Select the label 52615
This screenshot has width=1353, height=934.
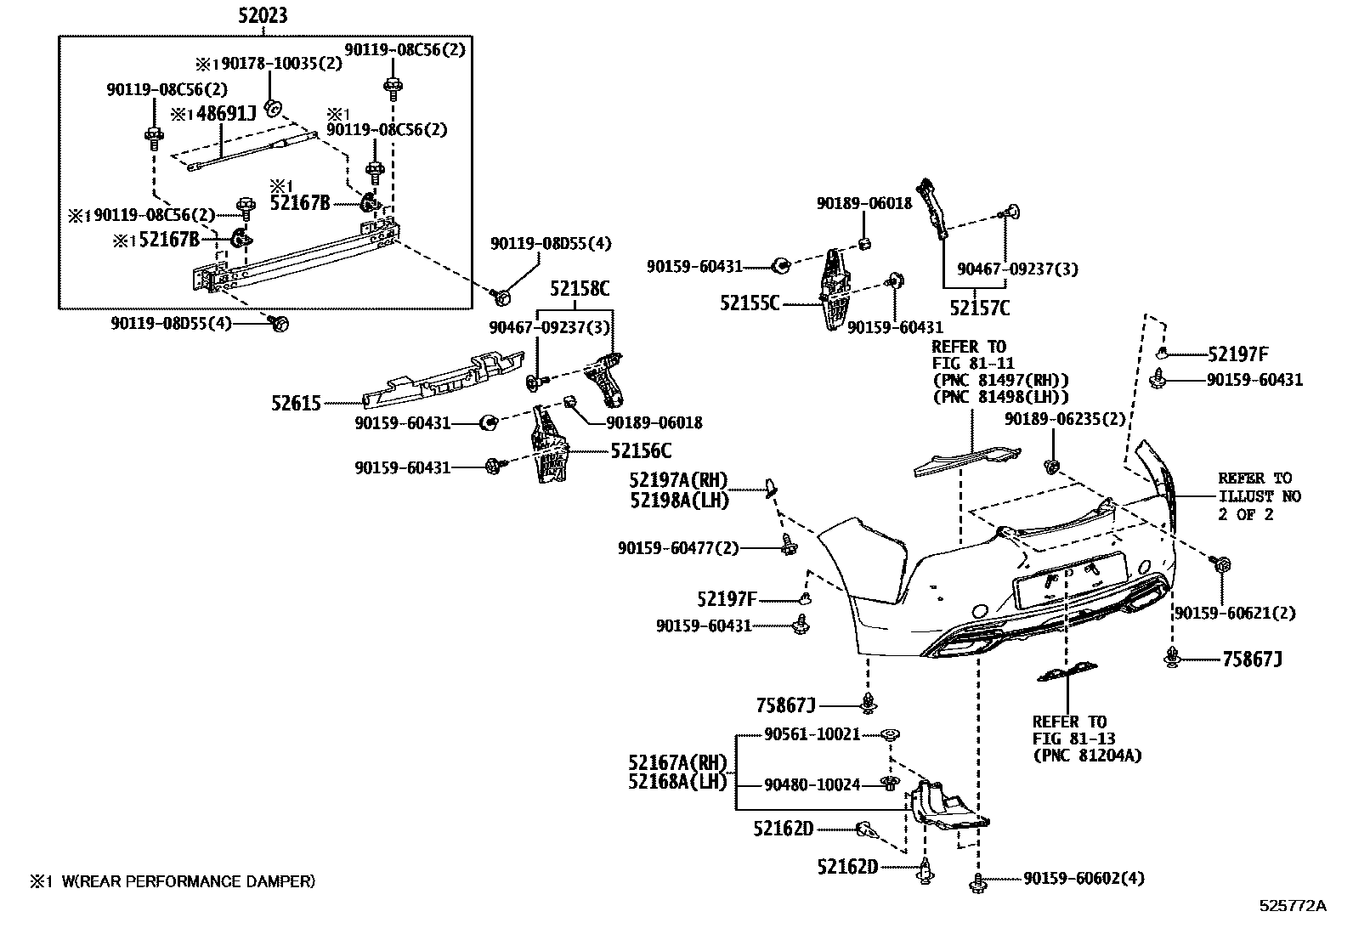tap(297, 403)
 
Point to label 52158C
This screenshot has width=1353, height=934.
tap(579, 289)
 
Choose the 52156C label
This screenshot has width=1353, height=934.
tap(641, 450)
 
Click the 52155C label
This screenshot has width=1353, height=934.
tap(750, 303)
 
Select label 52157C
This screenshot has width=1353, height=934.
tap(980, 308)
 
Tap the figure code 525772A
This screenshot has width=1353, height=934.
tap(1293, 906)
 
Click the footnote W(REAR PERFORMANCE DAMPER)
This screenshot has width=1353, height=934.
tap(187, 881)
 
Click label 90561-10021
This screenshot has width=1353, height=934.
tap(812, 733)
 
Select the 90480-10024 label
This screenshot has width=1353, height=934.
tap(812, 784)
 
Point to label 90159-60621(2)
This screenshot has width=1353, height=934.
tap(1235, 613)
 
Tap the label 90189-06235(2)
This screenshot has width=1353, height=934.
tap(1065, 419)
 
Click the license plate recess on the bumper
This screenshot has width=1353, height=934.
tap(1069, 580)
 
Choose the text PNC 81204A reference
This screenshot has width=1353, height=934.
tap(1087, 755)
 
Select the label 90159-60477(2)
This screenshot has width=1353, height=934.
tap(678, 549)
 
